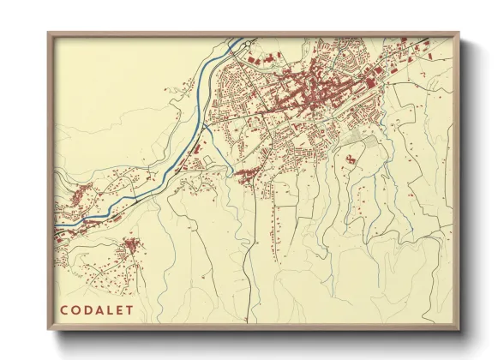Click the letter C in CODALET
[x=64, y=310]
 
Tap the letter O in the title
[x=76, y=310]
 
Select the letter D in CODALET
[x=88, y=310]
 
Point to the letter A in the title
[x=100, y=310]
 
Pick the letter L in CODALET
[x=111, y=310]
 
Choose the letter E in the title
[x=120, y=310]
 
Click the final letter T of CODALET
[x=130, y=310]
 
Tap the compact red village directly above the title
[x=131, y=248]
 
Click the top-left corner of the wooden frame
[x=49, y=33]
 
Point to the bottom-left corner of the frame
[x=49, y=330]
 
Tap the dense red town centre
[x=313, y=90]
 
